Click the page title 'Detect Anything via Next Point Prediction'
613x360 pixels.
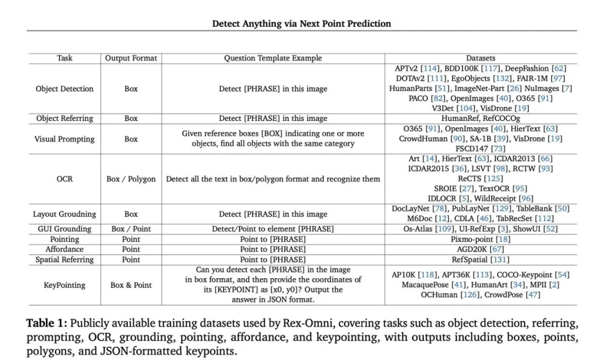[x=301, y=23]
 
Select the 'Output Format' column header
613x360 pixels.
[x=131, y=58]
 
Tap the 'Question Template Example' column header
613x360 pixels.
[x=272, y=58]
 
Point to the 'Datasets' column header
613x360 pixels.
[x=480, y=58]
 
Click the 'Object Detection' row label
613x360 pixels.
[x=64, y=89]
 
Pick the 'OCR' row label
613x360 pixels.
[x=64, y=179]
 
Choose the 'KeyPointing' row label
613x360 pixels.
[x=64, y=285]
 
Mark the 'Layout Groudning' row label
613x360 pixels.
[x=64, y=214]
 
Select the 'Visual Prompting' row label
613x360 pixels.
[x=64, y=139]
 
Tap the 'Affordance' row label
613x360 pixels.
[x=64, y=249]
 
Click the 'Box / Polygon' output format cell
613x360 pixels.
[x=131, y=179]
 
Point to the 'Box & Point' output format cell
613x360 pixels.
[x=131, y=285]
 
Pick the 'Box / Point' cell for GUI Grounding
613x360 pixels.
[x=131, y=229]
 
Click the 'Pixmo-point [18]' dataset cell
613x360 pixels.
[x=480, y=239]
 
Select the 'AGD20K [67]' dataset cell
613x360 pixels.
[x=480, y=249]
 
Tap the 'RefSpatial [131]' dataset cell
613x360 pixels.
[x=480, y=259]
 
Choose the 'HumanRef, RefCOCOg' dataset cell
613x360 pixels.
[x=480, y=119]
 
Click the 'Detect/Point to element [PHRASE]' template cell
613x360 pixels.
[x=272, y=229]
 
